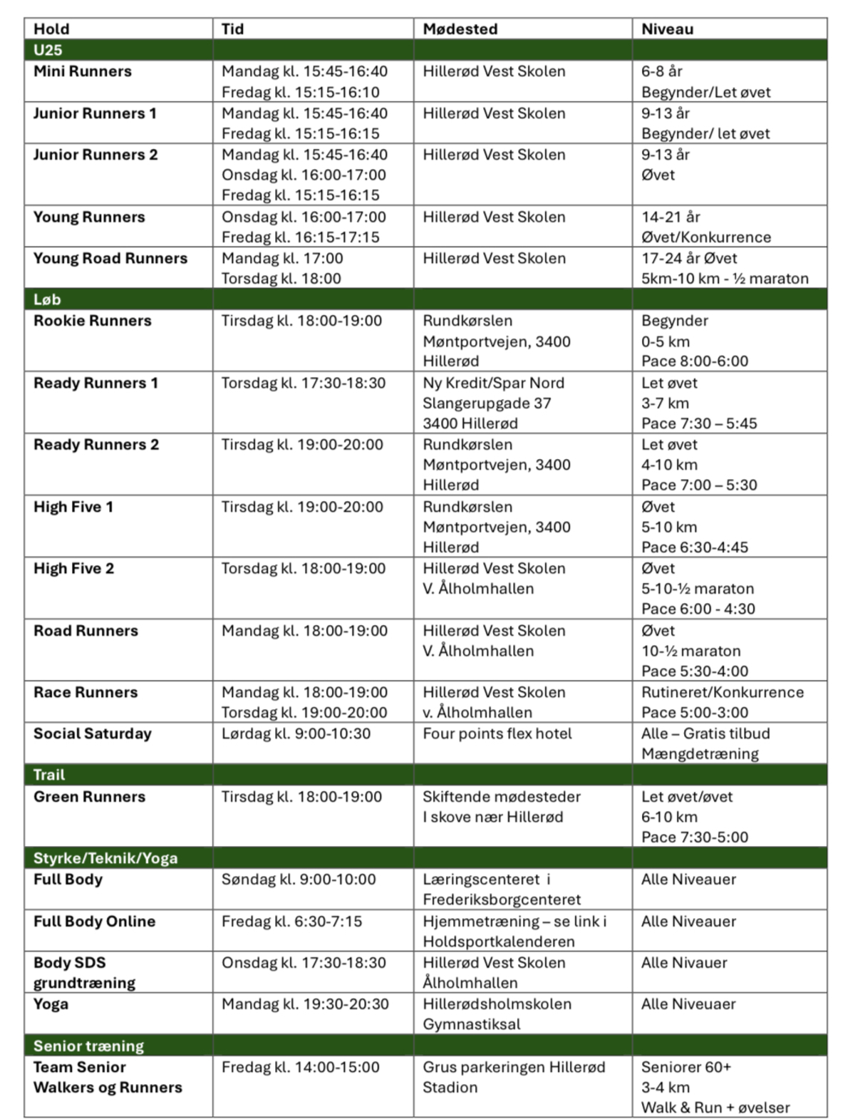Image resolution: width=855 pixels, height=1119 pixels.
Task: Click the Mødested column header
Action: pos(460,29)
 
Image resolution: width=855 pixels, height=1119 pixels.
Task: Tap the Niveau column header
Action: pos(667,29)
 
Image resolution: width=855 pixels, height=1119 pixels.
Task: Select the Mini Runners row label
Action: pos(83,71)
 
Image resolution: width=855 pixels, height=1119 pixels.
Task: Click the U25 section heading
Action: pos(48,50)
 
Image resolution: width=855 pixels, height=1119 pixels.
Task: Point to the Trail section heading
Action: pos(49,775)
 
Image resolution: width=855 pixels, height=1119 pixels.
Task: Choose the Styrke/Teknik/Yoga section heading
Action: pos(105,858)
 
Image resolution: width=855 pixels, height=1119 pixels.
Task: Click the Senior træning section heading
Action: pos(88,1046)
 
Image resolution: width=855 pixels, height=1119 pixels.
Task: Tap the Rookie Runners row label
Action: pos(93,321)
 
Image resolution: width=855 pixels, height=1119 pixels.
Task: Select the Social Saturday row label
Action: pos(93,733)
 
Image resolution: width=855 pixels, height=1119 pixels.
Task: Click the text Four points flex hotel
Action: pos(497,733)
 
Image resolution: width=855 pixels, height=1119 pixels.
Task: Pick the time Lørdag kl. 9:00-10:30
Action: pos(296,733)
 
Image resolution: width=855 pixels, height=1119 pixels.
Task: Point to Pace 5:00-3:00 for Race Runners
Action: pos(695,712)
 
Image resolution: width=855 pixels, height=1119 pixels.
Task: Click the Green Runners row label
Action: pos(89,796)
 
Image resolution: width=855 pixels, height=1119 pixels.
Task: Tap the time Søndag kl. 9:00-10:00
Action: pos(299,880)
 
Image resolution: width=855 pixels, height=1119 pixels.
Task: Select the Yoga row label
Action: pos(51,1004)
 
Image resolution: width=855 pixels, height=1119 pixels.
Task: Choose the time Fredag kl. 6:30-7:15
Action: pos(291,921)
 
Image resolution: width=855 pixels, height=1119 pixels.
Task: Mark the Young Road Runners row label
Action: pos(110,258)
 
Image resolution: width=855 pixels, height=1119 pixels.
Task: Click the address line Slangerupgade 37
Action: pos(487,403)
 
